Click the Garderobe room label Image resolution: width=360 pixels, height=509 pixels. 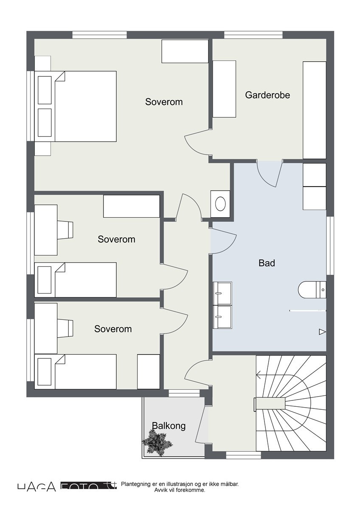[x=267, y=95]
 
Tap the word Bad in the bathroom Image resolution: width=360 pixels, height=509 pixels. [x=267, y=263]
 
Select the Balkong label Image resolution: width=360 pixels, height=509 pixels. [x=169, y=425]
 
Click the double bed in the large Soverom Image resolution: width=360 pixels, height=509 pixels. [x=85, y=106]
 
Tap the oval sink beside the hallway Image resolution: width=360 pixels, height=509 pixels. [x=221, y=204]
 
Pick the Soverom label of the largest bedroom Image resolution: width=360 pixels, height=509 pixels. [x=164, y=102]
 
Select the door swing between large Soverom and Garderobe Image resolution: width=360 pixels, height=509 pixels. [x=196, y=143]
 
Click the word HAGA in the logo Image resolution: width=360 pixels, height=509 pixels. [x=37, y=487]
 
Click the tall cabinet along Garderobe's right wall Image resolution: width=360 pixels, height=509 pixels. [x=314, y=110]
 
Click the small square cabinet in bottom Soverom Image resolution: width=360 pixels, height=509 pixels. [x=148, y=372]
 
